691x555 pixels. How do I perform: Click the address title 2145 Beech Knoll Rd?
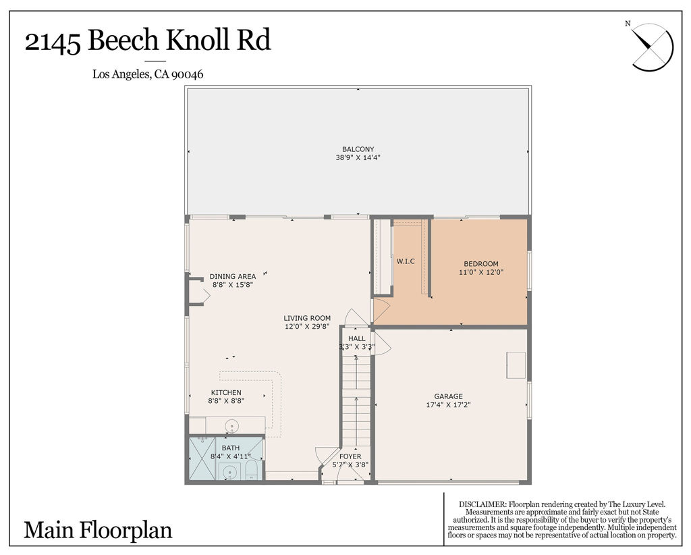[x=148, y=41]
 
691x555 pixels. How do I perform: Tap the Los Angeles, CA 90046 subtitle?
[x=148, y=74]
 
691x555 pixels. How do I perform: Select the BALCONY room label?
[x=358, y=149]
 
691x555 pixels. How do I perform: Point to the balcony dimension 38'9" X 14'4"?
[x=358, y=157]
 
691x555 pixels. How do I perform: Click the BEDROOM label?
[x=480, y=264]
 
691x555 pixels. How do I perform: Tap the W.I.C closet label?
[x=406, y=261]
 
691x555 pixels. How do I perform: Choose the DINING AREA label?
[x=233, y=277]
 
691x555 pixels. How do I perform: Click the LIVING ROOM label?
[x=307, y=318]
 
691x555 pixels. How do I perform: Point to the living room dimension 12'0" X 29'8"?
[x=307, y=327]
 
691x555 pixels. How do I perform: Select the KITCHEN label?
[x=226, y=393]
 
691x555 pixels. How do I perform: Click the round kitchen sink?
[x=232, y=426]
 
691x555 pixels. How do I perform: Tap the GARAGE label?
[x=448, y=397]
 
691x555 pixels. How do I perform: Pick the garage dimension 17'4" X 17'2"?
[x=448, y=404]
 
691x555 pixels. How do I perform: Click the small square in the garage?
[x=516, y=365]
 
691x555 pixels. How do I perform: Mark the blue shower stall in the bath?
[x=202, y=458]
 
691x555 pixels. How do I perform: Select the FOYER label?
[x=350, y=456]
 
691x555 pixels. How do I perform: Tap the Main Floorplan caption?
[x=98, y=530]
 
